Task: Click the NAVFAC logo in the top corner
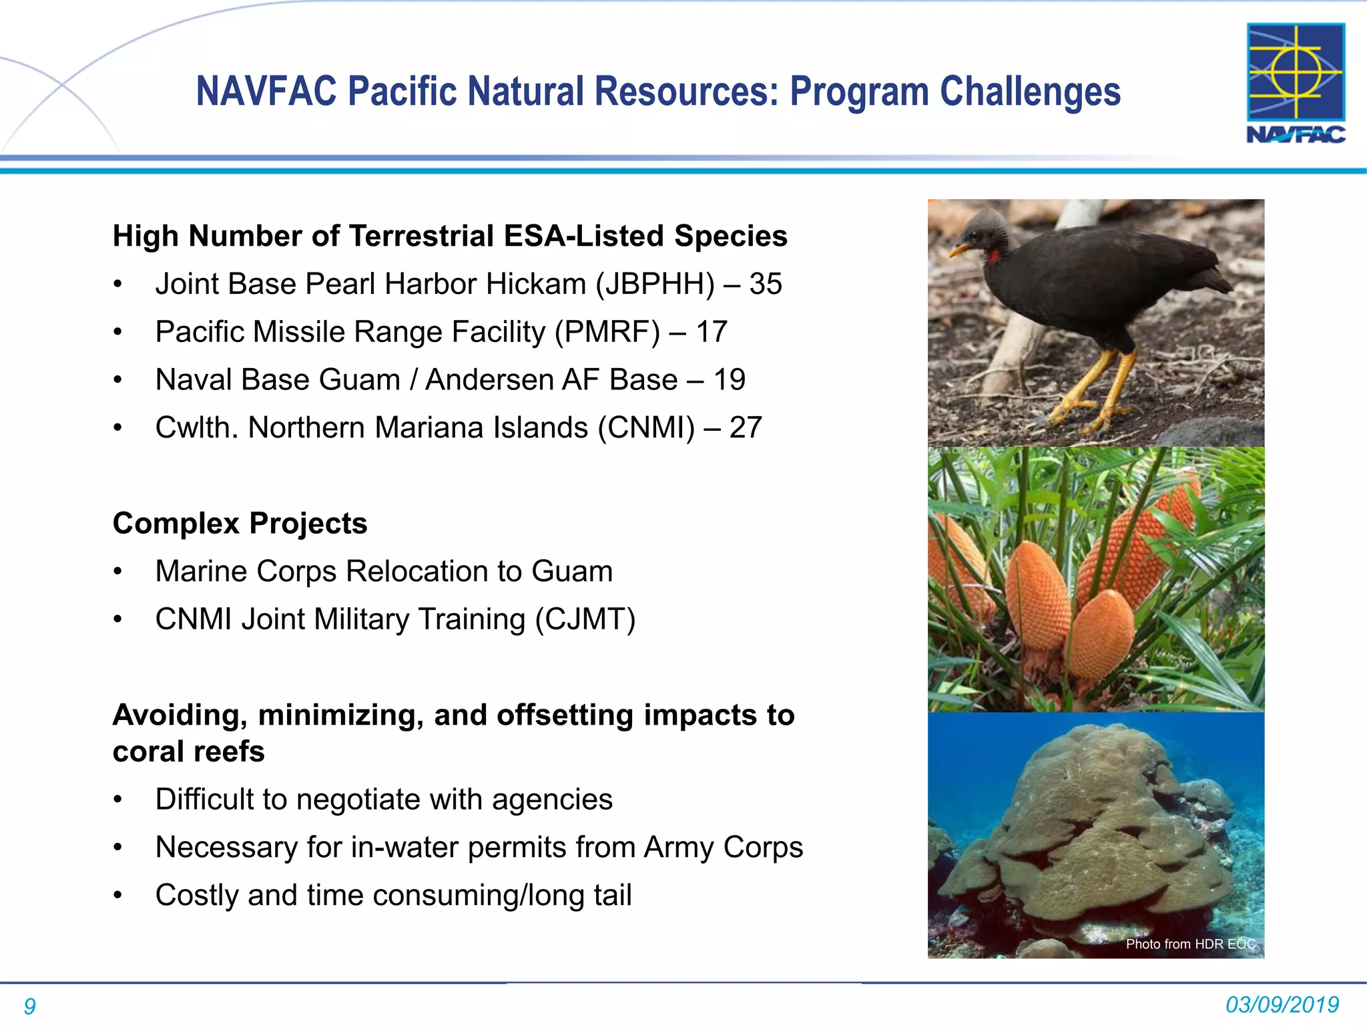tap(1296, 83)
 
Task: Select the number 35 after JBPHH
tap(765, 284)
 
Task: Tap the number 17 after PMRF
tap(711, 332)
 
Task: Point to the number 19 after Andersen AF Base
tap(729, 380)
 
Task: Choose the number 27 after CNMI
tap(745, 428)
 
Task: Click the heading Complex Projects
tap(240, 523)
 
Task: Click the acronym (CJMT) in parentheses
tap(585, 619)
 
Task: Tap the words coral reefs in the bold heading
tap(189, 751)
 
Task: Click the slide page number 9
tap(29, 1006)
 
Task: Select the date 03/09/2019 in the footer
tap(1282, 1005)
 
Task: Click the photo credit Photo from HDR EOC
tap(1190, 944)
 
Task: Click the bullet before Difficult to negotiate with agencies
tap(118, 800)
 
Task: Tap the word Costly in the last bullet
tap(196, 896)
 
